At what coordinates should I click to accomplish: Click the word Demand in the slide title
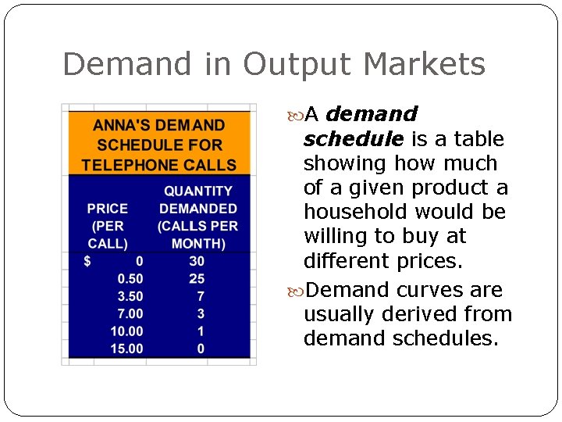click(x=126, y=64)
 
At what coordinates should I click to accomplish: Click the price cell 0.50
click(x=130, y=279)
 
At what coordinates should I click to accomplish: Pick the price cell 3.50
click(x=130, y=296)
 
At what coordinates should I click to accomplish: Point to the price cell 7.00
click(x=130, y=313)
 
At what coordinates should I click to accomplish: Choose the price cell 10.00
click(x=126, y=331)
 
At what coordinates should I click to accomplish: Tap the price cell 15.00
click(x=126, y=349)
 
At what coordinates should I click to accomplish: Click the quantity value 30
click(x=197, y=261)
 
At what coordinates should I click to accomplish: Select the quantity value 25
click(x=197, y=279)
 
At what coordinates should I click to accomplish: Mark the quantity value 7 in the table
click(x=201, y=296)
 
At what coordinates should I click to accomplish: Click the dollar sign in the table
click(x=87, y=261)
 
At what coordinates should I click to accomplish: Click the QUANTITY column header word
click(x=197, y=191)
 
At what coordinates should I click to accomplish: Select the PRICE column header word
click(x=108, y=209)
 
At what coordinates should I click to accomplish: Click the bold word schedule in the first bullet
click(x=353, y=139)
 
